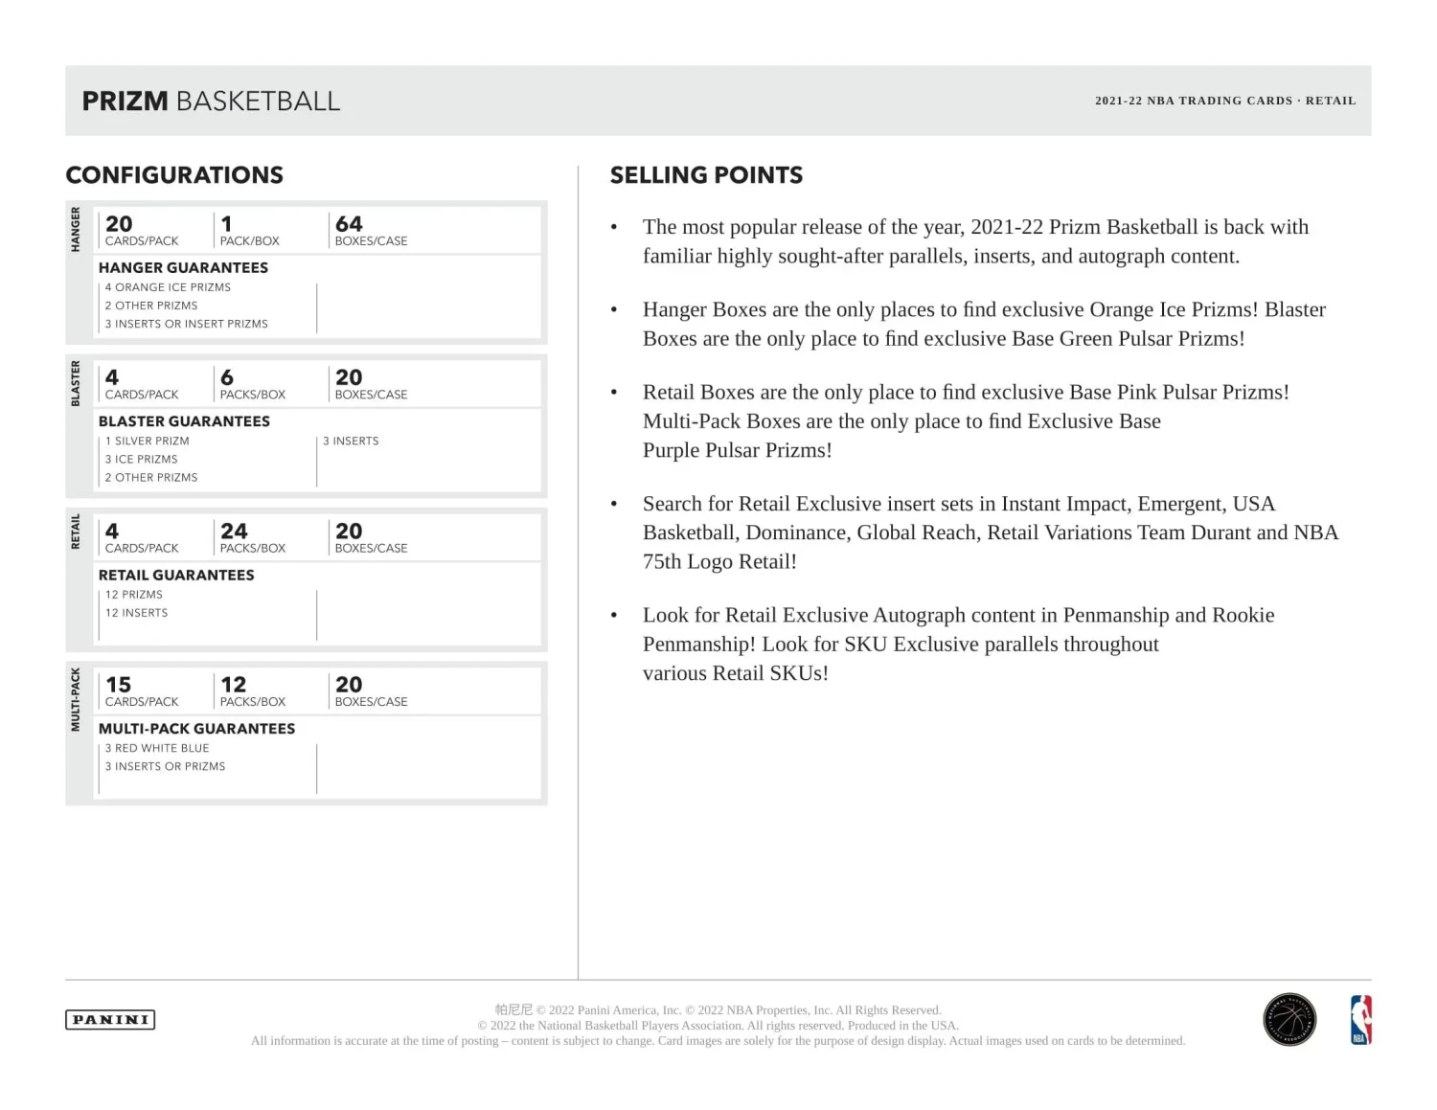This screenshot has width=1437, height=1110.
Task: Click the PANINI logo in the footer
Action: click(x=110, y=1020)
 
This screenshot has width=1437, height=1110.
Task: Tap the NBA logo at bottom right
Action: click(x=1360, y=1020)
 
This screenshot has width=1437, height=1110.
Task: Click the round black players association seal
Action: click(x=1289, y=1020)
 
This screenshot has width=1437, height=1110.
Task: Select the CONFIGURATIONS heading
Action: click(x=174, y=175)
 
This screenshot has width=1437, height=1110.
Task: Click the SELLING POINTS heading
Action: click(x=706, y=175)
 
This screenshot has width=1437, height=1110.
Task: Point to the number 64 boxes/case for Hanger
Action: click(x=349, y=224)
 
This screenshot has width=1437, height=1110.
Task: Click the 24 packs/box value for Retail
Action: click(x=234, y=532)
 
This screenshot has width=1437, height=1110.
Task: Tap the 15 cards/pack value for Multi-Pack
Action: click(x=119, y=685)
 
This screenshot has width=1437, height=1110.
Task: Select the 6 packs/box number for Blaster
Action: click(x=227, y=378)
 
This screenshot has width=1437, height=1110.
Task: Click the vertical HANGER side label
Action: click(x=76, y=230)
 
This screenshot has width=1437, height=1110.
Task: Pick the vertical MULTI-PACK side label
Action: click(x=76, y=700)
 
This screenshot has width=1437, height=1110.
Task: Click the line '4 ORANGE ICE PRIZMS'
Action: click(x=168, y=287)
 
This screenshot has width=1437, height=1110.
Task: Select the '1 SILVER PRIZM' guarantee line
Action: click(x=148, y=442)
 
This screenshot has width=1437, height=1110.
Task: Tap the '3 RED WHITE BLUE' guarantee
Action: click(x=157, y=749)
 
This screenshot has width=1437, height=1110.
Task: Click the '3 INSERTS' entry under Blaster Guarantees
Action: click(x=351, y=442)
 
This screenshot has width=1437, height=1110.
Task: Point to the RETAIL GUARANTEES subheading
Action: click(x=176, y=576)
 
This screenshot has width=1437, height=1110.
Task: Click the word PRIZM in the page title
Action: click(x=125, y=102)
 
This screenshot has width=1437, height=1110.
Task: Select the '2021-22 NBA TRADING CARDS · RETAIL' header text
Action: click(x=1225, y=101)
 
